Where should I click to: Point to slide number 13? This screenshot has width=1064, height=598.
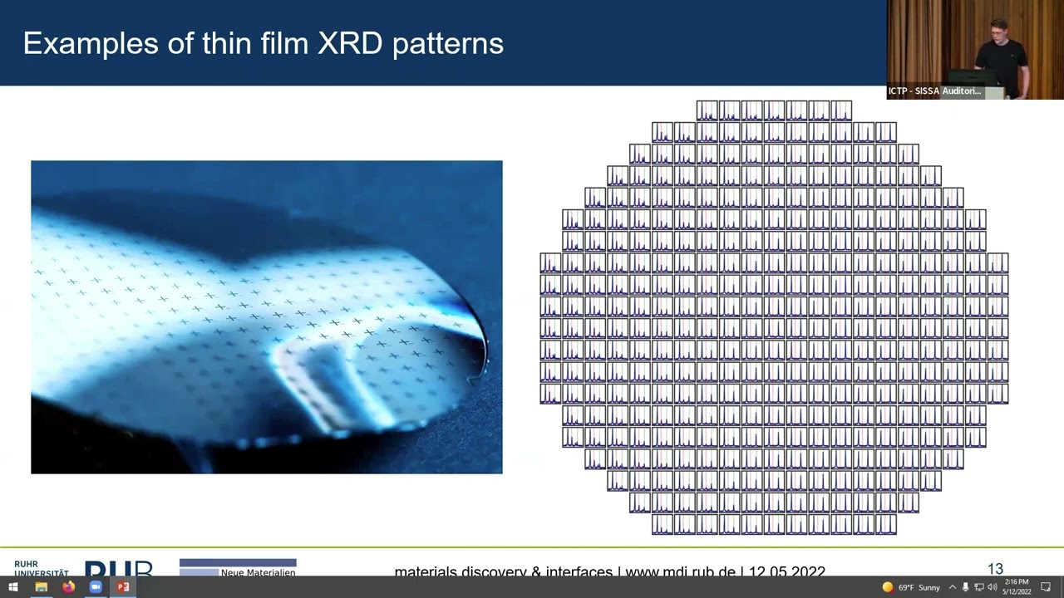pos(995,569)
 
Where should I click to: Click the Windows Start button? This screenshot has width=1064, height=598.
pos(13,587)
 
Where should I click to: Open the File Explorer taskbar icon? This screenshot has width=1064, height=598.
pos(41,587)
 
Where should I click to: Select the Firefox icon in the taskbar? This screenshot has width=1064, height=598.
pos(68,587)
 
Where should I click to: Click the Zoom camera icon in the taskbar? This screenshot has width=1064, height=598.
pos(96,587)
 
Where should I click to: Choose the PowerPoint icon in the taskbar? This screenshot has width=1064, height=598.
pos(123,587)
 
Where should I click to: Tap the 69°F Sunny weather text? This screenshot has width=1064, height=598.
pos(919,587)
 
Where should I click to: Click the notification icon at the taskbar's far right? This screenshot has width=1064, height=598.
pos(1046,587)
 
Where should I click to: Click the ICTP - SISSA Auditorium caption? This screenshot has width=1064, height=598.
pos(934,91)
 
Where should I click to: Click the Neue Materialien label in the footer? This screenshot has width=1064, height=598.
pos(258,572)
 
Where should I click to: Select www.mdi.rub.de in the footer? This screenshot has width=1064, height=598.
pos(680,571)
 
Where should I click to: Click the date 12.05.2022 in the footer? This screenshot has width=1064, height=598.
pos(786,571)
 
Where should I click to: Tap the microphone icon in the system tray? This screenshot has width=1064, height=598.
pos(965,587)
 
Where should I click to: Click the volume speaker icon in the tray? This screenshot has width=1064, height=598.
pos(992,587)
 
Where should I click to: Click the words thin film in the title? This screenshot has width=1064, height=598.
pos(251,43)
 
